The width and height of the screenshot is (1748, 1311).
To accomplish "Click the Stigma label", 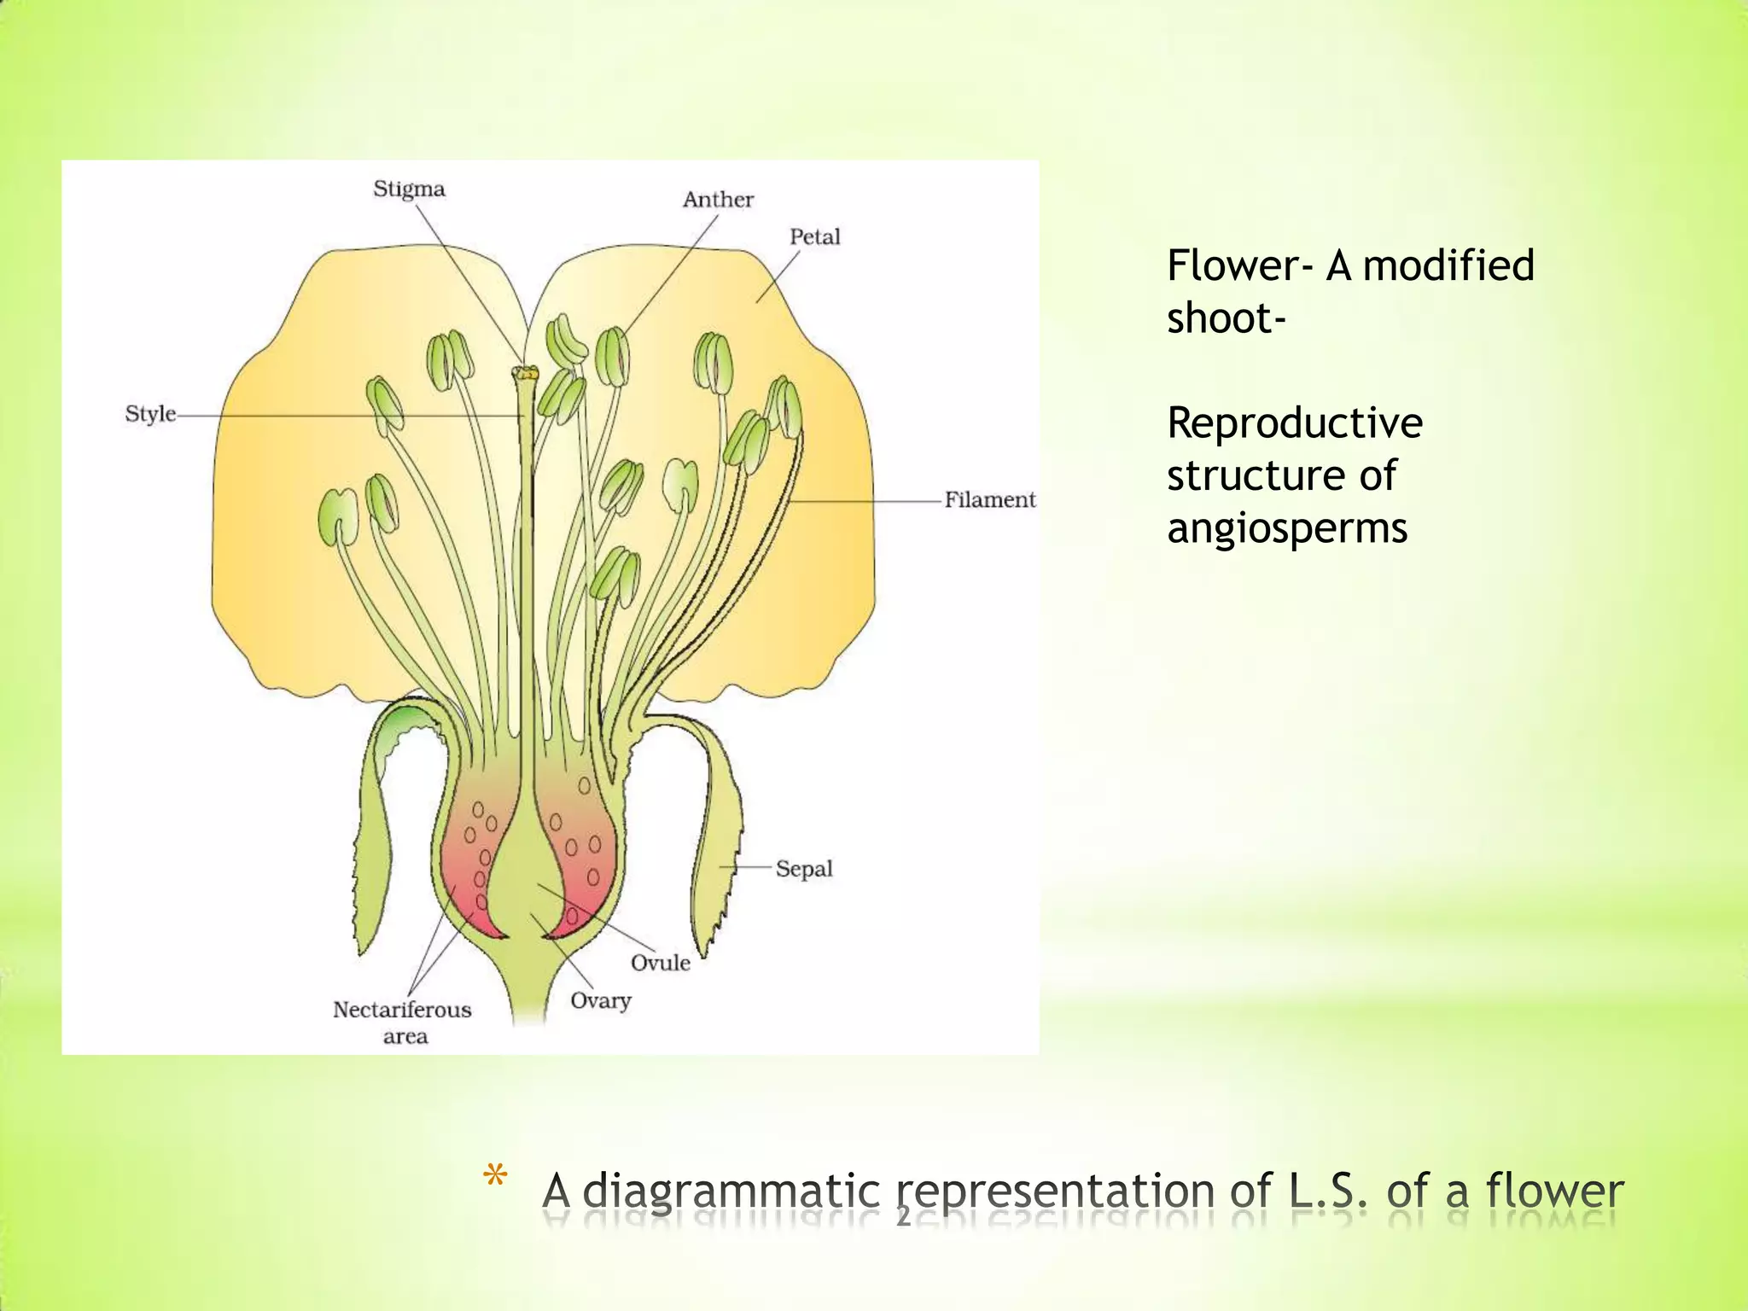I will (x=409, y=189).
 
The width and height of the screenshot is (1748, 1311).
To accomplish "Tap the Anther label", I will (x=718, y=200).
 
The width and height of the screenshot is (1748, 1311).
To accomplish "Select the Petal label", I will (x=814, y=236).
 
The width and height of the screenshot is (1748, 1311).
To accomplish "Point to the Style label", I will (x=150, y=414).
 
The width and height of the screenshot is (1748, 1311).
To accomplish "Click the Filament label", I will (x=989, y=499).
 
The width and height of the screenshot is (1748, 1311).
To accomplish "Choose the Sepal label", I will (x=803, y=869).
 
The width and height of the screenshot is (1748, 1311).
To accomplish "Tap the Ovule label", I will (x=660, y=963).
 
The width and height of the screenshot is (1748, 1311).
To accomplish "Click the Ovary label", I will (x=600, y=1000).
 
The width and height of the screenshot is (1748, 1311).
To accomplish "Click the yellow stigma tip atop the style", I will (x=526, y=373).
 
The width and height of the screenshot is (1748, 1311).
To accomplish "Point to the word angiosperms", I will (x=1286, y=528).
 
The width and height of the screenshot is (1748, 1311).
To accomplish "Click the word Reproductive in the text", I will (x=1294, y=422).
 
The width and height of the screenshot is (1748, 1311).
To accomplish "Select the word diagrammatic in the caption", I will (x=731, y=1191).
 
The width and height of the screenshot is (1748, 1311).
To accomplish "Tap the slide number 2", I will (x=903, y=1216).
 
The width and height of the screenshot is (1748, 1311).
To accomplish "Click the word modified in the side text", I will (x=1448, y=265).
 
